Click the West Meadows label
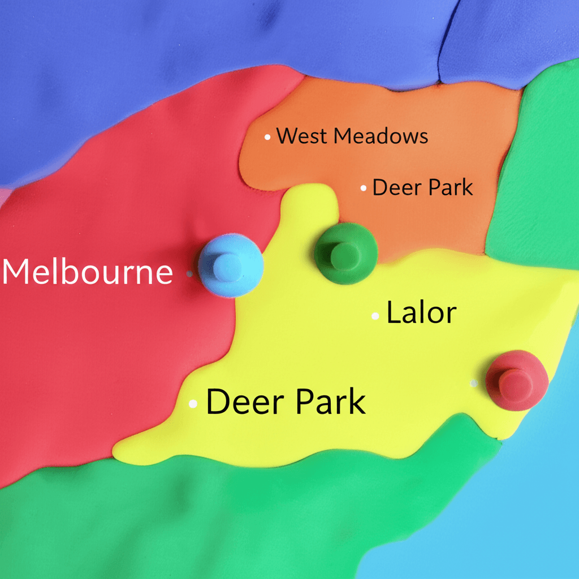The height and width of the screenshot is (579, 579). [352, 136]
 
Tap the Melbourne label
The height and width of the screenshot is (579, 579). [88, 272]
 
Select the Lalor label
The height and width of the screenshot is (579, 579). [421, 313]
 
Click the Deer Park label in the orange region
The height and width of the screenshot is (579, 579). [422, 187]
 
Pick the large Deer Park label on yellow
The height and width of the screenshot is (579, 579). [286, 402]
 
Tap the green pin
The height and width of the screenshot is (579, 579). [345, 253]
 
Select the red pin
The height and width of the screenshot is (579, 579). [516, 379]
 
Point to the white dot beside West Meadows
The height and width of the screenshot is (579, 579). [267, 136]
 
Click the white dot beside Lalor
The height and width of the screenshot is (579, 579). [375, 316]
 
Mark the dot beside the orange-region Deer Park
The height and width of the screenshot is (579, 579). [364, 188]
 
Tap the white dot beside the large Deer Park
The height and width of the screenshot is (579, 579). [193, 404]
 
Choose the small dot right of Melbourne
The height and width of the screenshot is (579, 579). [189, 274]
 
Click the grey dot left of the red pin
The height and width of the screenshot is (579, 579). [474, 383]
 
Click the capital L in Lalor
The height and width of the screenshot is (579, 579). [392, 313]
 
